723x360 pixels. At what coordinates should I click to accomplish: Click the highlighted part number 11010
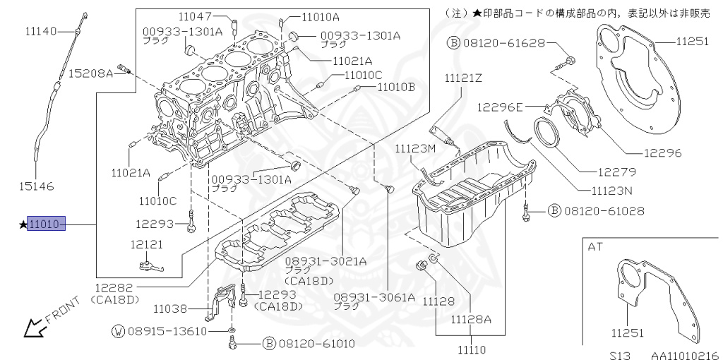46,224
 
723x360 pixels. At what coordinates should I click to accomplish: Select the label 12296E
500,107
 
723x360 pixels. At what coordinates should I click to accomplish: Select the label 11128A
472,319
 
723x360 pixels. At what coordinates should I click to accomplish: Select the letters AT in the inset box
596,246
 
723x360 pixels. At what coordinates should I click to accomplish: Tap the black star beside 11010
23,224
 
